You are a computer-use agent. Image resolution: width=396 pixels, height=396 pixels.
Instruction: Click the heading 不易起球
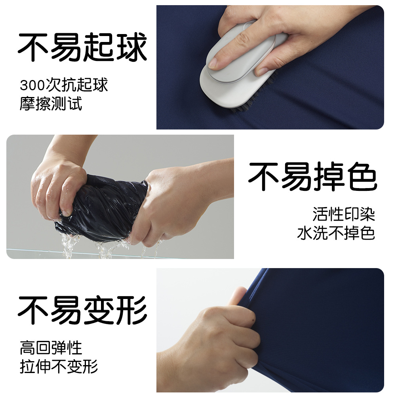pyautogui.click(x=82, y=47)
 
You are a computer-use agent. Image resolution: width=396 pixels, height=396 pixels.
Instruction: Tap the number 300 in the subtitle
pyautogui.click(x=32, y=86)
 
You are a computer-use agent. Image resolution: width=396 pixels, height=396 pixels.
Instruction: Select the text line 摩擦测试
pyautogui.click(x=51, y=103)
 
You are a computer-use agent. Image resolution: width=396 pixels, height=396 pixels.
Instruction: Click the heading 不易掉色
pyautogui.click(x=313, y=177)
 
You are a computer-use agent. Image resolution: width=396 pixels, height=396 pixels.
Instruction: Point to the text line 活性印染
pyautogui.click(x=344, y=214)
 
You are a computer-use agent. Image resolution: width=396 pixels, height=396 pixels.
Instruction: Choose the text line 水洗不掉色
pyautogui.click(x=336, y=233)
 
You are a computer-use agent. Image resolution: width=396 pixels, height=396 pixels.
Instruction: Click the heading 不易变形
pyautogui.click(x=82, y=310)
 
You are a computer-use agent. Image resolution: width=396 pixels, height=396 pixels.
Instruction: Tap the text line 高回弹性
pyautogui.click(x=51, y=348)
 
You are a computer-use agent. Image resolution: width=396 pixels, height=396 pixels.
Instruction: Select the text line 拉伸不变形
pyautogui.click(x=59, y=367)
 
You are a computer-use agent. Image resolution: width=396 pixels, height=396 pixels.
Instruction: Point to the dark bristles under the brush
pyautogui.click(x=253, y=99)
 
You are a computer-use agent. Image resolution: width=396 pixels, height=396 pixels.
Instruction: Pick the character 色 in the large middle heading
pyautogui.click(x=363, y=177)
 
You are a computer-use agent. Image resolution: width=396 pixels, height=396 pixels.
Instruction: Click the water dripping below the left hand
pyautogui.click(x=69, y=246)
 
